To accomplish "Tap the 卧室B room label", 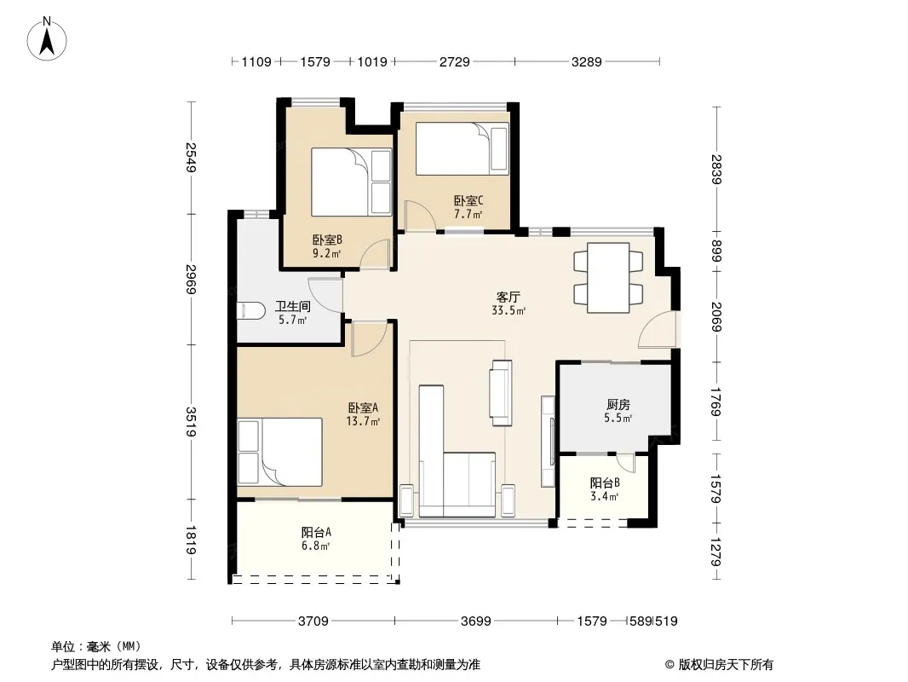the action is point(327,240).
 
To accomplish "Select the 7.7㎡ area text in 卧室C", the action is point(468,214).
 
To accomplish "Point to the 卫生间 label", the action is point(292,306).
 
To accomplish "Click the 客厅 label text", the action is point(509,298).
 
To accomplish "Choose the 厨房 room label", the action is point(618,404).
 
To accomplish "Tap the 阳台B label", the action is point(605,483).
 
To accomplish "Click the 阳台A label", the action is point(316,532).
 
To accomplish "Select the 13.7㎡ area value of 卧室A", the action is point(363,421).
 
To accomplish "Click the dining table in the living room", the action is point(608,278).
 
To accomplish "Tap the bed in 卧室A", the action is point(279,452).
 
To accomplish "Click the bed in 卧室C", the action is point(463,149).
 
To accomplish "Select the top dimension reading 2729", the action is point(455,61).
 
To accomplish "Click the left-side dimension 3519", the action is point(191,422).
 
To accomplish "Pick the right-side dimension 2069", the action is point(716,317).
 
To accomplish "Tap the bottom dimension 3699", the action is point(476,621).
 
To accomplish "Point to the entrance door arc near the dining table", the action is point(658,329).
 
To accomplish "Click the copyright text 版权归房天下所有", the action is point(726,665).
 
